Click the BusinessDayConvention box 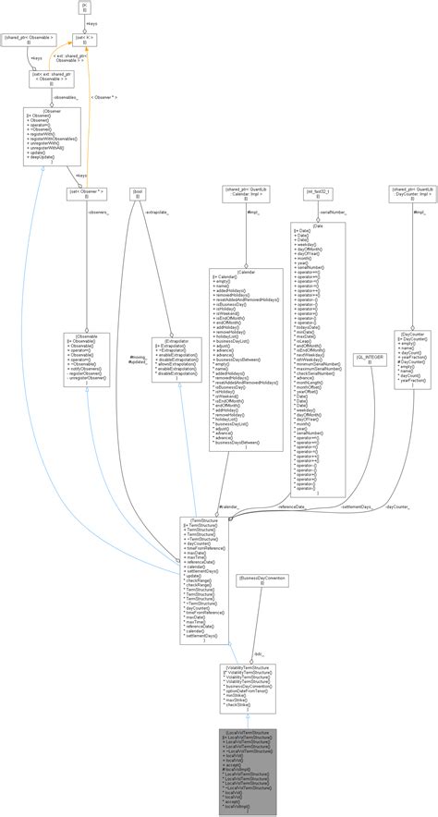262,581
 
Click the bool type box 139,192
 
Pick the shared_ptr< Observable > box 30,40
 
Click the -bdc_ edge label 260,628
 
